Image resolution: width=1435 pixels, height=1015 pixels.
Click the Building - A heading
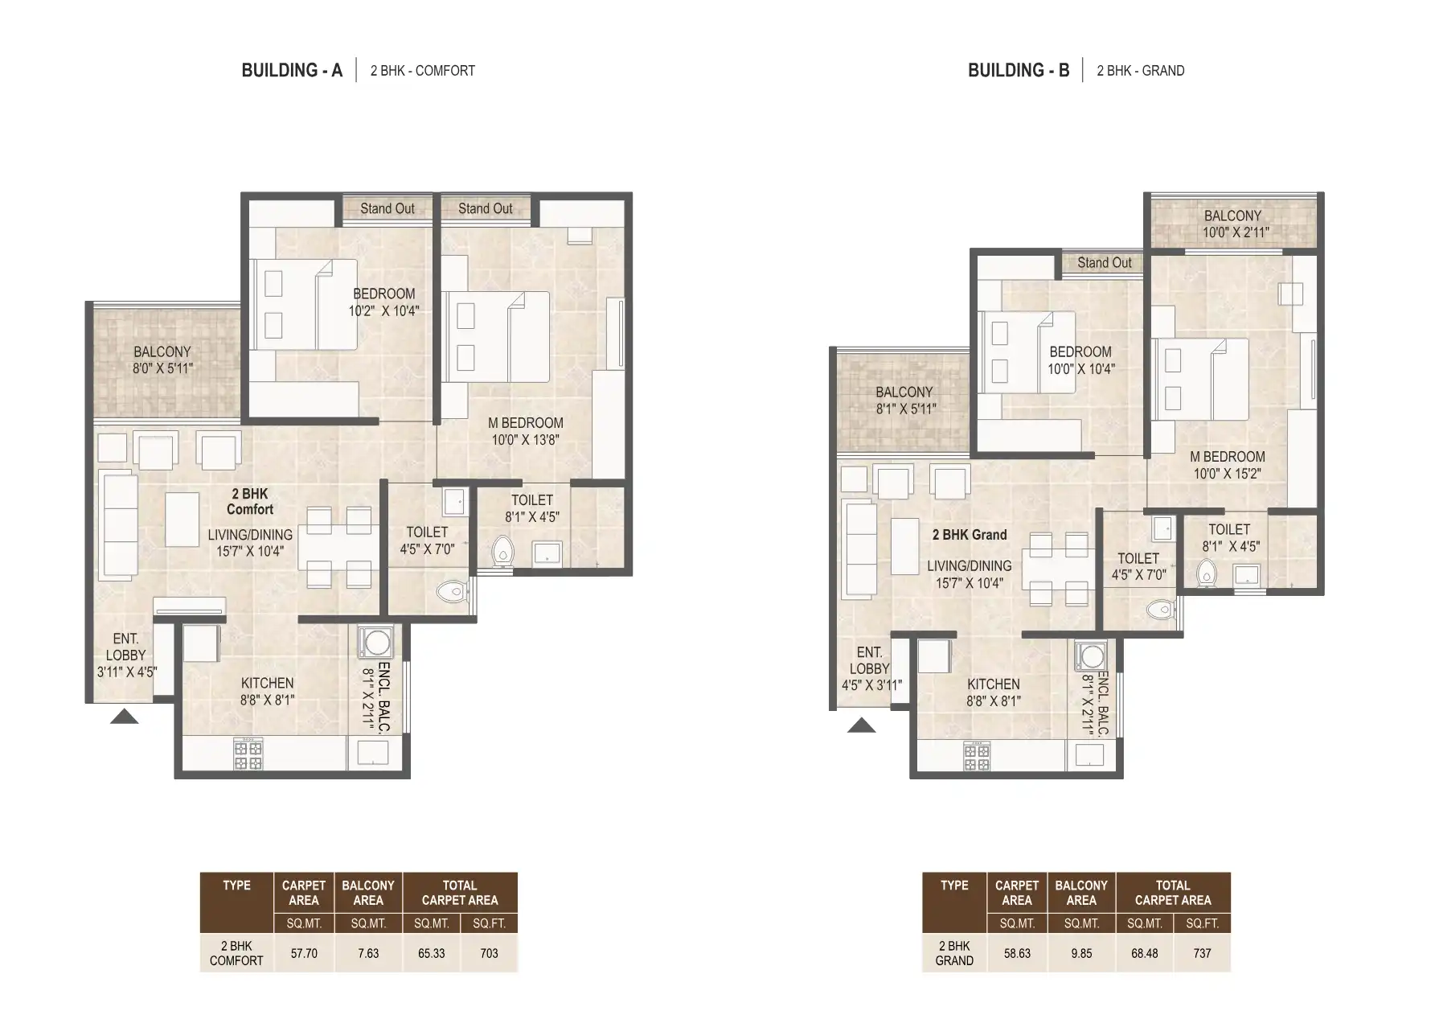coord(292,71)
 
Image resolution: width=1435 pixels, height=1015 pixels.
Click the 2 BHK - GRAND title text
coord(1140,71)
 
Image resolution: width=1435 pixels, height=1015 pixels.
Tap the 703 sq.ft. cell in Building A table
coord(489,953)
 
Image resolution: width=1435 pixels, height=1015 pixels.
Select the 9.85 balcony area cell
coord(1081,953)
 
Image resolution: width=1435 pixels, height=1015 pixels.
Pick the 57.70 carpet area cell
coord(304,953)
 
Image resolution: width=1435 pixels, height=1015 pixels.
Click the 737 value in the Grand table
coord(1202,953)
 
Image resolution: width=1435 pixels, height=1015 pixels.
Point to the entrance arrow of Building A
coord(124,717)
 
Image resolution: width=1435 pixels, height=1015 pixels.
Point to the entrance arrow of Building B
coord(861,726)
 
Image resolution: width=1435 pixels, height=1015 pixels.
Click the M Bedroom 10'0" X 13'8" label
coord(526,431)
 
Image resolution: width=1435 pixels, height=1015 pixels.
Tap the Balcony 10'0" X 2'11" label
coord(1232,224)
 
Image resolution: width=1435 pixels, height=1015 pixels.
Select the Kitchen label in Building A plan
coord(267,691)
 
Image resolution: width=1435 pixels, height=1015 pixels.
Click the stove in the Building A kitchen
coord(248,754)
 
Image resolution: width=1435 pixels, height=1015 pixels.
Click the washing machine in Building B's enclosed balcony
coord(1092,655)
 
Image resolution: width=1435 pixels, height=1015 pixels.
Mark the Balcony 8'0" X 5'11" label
coord(162,360)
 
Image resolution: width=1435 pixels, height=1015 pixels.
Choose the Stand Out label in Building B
coord(1104,263)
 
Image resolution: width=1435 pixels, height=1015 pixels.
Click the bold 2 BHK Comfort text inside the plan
coord(249,501)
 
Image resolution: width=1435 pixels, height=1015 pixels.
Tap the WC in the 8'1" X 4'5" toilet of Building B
coord(1206,573)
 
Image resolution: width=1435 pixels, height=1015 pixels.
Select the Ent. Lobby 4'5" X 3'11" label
coord(869,668)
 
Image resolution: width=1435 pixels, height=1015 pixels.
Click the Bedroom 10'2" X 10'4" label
coord(383,302)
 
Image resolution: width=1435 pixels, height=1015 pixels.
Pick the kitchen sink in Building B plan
coord(1090,754)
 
